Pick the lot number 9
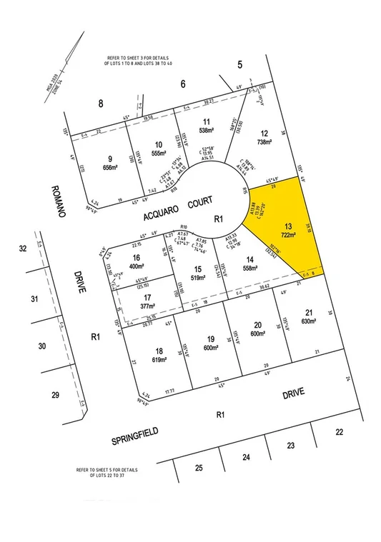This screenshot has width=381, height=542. point(110,158)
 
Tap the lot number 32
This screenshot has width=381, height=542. point(23,249)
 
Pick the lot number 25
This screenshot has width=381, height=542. point(199,468)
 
